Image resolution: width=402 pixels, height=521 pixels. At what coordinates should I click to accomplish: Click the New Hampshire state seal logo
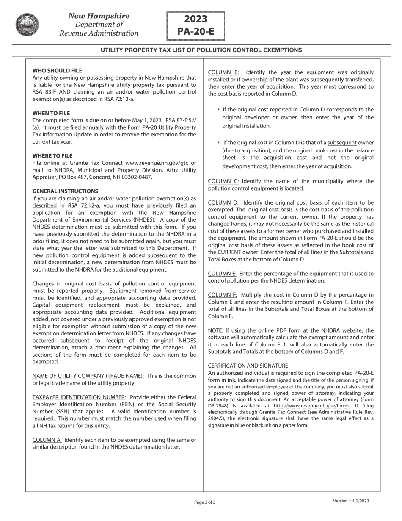[x=28, y=24]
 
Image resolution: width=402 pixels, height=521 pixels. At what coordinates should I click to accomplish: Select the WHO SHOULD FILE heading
[x=57, y=71]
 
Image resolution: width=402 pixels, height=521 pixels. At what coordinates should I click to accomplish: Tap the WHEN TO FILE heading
[x=51, y=113]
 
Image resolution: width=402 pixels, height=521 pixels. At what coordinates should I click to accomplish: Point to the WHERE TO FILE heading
[x=52, y=156]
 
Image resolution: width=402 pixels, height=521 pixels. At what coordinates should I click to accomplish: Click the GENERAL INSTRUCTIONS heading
[x=65, y=191]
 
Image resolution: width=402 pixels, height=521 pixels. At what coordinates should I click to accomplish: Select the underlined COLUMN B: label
[x=223, y=72]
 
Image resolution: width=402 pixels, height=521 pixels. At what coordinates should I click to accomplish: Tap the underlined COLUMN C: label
[x=223, y=181]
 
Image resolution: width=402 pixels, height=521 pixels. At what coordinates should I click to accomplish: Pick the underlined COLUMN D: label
[x=223, y=202]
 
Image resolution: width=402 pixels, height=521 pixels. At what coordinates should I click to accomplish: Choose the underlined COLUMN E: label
[x=222, y=274]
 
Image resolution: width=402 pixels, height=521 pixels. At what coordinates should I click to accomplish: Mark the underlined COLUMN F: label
[x=223, y=295]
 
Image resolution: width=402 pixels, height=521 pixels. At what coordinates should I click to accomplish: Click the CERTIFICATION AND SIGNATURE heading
[x=248, y=366]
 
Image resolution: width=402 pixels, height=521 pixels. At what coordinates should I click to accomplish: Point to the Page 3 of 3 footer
[x=205, y=502]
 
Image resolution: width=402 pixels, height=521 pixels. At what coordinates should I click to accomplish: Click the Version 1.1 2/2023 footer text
[x=351, y=501]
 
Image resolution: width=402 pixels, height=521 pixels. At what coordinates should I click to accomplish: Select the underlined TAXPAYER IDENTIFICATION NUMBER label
[x=79, y=397]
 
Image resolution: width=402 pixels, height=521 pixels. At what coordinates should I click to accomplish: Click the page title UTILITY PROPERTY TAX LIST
[x=201, y=50]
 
